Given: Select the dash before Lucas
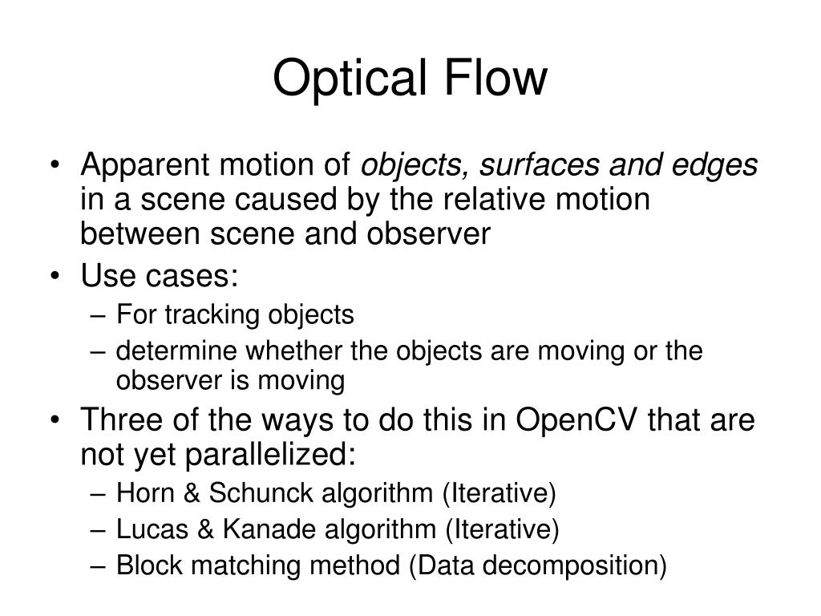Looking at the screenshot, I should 103,530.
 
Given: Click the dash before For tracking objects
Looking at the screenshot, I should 103,316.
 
